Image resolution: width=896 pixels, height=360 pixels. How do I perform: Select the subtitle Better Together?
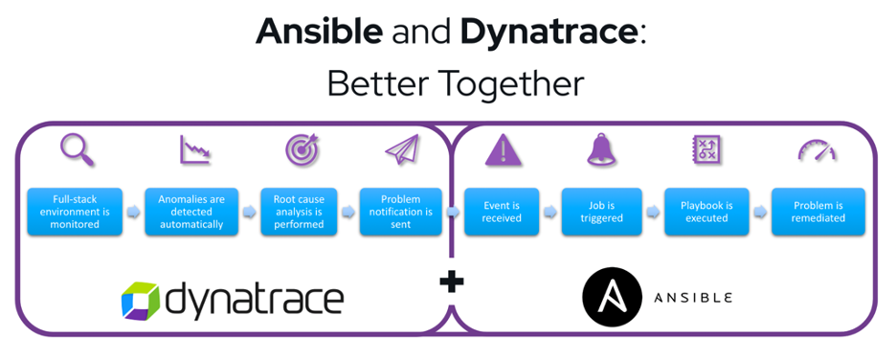455,83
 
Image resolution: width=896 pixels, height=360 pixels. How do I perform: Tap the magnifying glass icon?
77,149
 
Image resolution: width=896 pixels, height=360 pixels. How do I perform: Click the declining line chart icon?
194,149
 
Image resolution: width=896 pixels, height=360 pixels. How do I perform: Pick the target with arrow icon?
302,149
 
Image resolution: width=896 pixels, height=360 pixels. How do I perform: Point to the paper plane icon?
402,149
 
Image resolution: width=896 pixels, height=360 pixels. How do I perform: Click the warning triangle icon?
501,150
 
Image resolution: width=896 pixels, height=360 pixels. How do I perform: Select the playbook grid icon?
706,149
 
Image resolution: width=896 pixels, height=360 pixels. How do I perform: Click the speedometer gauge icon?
817,151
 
